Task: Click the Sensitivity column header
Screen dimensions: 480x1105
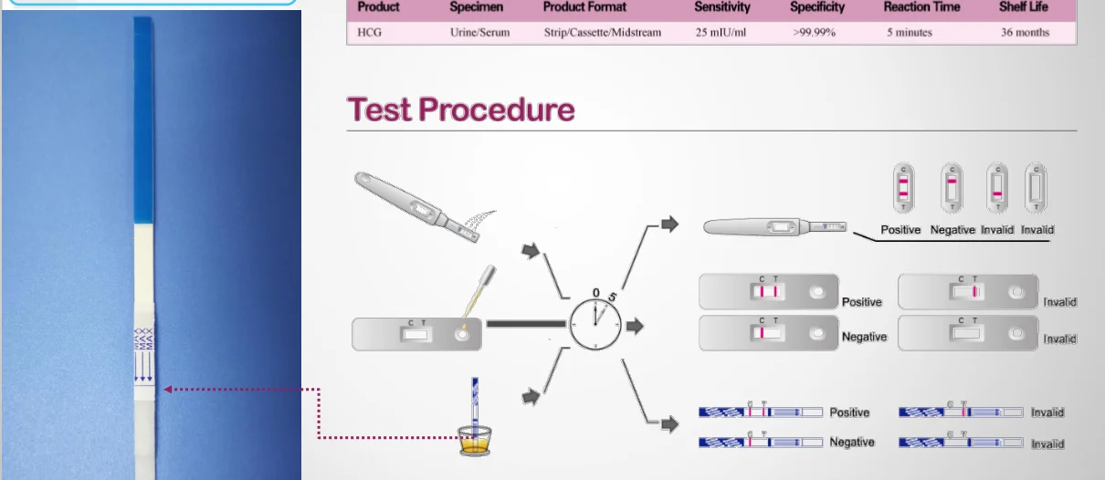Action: tap(721, 7)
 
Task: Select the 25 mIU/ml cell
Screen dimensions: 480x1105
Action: tap(721, 33)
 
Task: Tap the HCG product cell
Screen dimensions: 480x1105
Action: tap(370, 33)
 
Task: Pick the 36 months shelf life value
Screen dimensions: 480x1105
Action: tap(1025, 33)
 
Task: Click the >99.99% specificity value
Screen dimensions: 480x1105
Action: tap(814, 33)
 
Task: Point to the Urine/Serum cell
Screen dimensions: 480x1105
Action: tap(479, 33)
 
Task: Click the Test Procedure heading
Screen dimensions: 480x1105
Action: tap(460, 110)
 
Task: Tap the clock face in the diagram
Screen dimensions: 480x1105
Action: tap(595, 324)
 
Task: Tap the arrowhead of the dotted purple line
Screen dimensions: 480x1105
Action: tap(168, 390)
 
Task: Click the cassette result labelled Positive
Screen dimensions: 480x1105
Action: tap(768, 292)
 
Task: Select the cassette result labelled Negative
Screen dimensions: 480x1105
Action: tap(768, 334)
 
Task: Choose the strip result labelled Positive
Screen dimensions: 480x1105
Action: tap(761, 412)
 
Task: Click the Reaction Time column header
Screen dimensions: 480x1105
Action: tap(921, 7)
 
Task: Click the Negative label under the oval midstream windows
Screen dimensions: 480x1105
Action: tap(952, 230)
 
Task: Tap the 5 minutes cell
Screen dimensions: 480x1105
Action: tap(909, 33)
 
